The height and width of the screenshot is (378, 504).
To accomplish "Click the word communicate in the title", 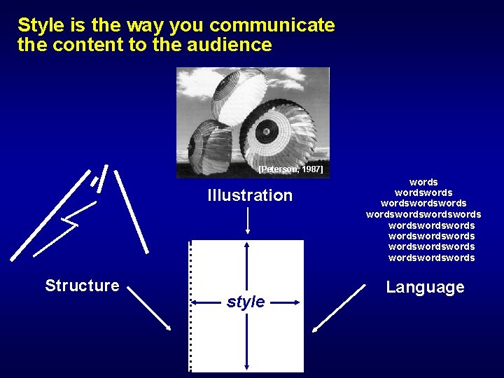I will click(x=272, y=26).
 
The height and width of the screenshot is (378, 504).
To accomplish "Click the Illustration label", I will click(x=250, y=195).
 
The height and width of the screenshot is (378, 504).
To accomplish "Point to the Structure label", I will click(x=82, y=286).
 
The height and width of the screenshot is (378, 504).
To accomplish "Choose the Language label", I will click(x=425, y=287).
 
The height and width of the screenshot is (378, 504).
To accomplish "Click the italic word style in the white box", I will click(x=246, y=302).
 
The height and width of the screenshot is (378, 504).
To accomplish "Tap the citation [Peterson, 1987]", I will click(x=290, y=169).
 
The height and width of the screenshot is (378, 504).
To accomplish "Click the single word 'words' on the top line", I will click(x=424, y=182).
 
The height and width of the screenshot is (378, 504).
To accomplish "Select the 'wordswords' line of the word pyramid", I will click(x=423, y=192).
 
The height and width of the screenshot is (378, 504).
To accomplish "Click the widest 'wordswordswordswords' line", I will click(x=423, y=214).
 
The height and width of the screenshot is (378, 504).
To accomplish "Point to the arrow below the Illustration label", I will click(x=248, y=220).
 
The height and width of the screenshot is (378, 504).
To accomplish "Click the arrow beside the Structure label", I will click(x=149, y=308).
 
